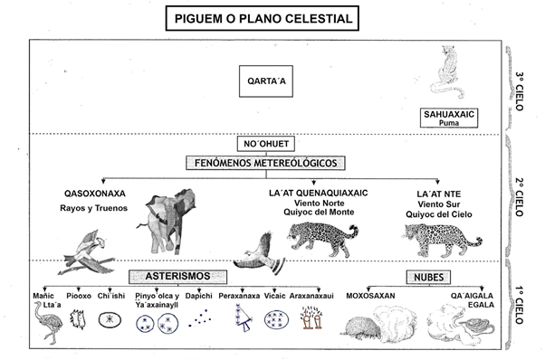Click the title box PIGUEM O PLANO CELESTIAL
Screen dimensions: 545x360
click(x=262, y=18)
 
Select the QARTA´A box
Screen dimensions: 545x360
click(x=266, y=81)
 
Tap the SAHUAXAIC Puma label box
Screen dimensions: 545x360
click(x=449, y=118)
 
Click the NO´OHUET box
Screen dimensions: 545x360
click(x=266, y=144)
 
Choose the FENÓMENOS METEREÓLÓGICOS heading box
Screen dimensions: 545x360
click(x=265, y=163)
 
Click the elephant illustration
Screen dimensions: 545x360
click(x=167, y=221)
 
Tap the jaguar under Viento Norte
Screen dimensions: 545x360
click(x=323, y=239)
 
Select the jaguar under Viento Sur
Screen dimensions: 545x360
click(x=442, y=240)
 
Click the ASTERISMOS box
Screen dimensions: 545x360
click(x=178, y=277)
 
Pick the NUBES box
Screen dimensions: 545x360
click(x=428, y=277)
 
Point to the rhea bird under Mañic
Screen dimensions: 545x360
click(x=48, y=322)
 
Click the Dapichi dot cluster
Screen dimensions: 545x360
click(x=199, y=318)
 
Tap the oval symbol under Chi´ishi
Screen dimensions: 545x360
click(x=110, y=319)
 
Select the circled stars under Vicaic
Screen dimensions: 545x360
click(x=276, y=319)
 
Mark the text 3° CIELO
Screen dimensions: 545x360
click(x=520, y=91)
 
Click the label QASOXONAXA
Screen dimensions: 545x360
click(x=95, y=194)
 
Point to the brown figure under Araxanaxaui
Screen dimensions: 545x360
click(x=311, y=317)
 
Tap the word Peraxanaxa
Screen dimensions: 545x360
click(x=239, y=296)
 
